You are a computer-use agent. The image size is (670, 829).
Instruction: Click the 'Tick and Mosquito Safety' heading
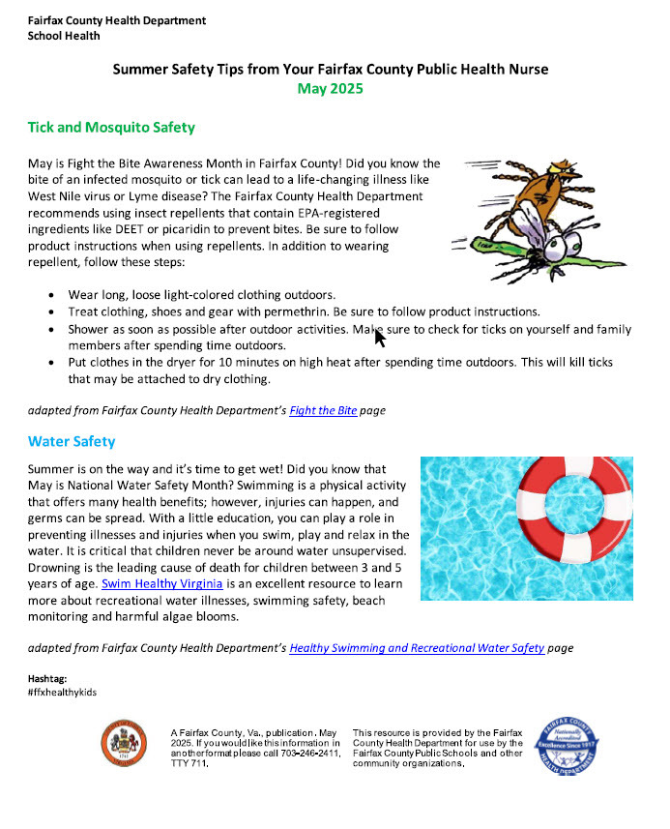(111, 128)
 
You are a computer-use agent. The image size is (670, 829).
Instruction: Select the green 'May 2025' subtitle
(330, 89)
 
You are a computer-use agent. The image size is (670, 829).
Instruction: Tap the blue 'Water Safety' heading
(72, 442)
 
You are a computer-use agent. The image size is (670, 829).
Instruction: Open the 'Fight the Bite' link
(323, 410)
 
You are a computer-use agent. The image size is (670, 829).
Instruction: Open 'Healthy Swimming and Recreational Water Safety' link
(417, 648)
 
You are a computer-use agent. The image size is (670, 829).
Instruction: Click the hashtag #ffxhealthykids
(63, 693)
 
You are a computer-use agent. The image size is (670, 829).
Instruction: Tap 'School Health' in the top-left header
(64, 36)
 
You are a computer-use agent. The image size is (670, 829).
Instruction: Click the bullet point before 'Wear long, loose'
(50, 294)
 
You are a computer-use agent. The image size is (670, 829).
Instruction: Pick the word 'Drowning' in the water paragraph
(57, 568)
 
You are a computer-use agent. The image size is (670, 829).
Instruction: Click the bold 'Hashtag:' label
(47, 679)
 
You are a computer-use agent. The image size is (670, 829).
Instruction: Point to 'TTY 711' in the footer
(189, 763)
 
